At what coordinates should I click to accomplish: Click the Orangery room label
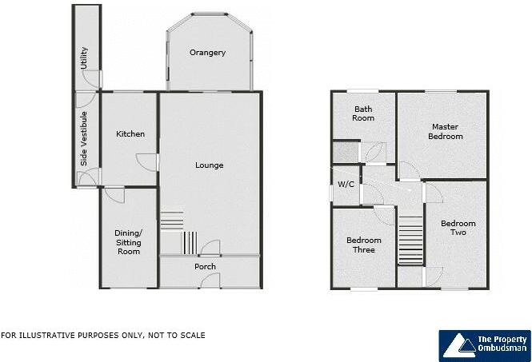point(207,53)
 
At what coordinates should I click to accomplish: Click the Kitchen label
point(130,133)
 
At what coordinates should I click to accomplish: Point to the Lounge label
point(209,165)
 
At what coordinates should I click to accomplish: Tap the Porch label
point(205,266)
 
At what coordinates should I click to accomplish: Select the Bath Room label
point(364,113)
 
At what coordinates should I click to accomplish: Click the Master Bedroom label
point(446,131)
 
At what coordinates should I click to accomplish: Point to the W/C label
point(346,185)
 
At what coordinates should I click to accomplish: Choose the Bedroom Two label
point(458,228)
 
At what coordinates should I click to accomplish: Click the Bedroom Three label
point(363,245)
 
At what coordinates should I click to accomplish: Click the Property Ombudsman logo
point(484,344)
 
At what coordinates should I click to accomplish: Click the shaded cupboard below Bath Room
point(346,153)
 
